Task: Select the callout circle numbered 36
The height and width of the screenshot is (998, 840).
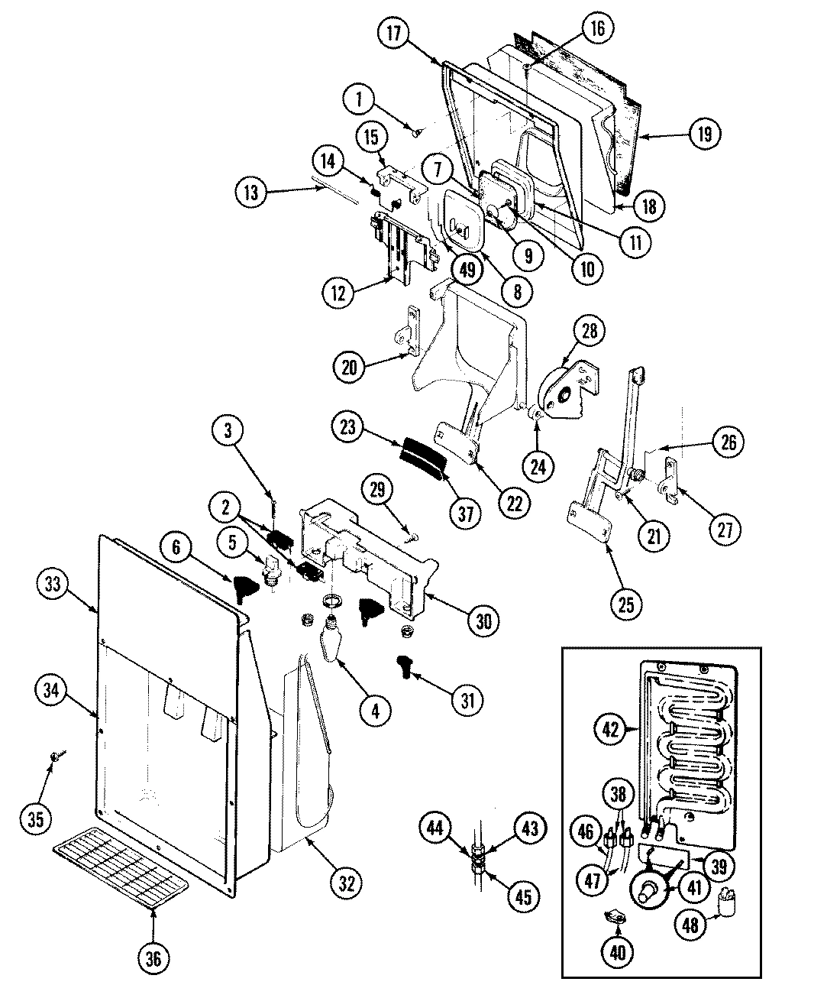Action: [x=153, y=959]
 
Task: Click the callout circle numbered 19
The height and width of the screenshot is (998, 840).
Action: [x=703, y=134]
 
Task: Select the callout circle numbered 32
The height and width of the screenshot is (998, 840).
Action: [x=347, y=883]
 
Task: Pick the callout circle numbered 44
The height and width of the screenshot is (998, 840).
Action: [x=435, y=828]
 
